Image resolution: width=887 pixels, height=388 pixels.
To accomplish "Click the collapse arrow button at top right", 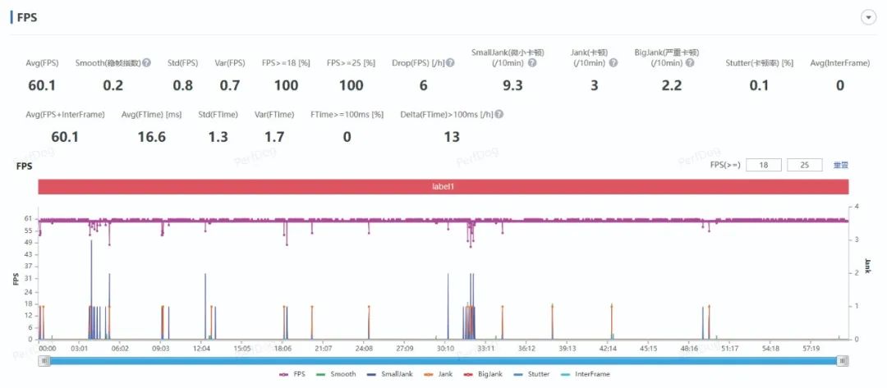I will (868, 18).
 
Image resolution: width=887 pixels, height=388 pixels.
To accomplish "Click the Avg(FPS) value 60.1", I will (42, 85).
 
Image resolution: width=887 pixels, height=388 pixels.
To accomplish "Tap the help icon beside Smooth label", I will (146, 62).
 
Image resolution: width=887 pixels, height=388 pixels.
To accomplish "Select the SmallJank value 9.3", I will (512, 85).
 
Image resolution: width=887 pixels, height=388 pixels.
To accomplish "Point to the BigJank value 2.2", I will (671, 85).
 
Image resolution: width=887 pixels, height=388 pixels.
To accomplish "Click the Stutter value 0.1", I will (760, 85).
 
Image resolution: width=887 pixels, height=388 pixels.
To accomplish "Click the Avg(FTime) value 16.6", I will (151, 137).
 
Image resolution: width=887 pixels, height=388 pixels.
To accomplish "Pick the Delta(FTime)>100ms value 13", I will (452, 137).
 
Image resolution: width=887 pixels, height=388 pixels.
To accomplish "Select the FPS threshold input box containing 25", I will (804, 165).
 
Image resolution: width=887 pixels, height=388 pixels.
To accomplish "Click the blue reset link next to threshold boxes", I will (840, 165).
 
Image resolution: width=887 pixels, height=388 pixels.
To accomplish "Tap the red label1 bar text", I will (443, 187).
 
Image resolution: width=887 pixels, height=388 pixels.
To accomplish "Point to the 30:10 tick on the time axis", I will (445, 349).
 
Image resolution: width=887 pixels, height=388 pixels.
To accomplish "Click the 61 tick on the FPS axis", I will (28, 219).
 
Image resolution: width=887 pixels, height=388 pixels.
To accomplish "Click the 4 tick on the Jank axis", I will (857, 207).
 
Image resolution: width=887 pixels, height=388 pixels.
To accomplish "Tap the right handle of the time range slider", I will (842, 361).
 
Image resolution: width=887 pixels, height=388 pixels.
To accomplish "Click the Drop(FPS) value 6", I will (424, 85).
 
